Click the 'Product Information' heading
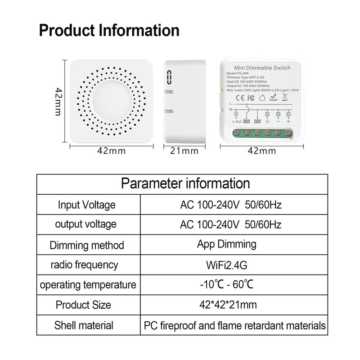[x=109, y=31]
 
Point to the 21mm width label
[x=184, y=151]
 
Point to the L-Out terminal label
[x=237, y=121]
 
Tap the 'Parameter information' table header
[x=186, y=183]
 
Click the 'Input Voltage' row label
[x=87, y=205]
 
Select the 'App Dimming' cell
[x=227, y=244]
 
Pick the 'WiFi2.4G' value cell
[x=227, y=265]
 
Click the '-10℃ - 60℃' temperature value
[x=227, y=285]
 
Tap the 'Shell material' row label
[x=84, y=325]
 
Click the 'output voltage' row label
[x=85, y=224]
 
